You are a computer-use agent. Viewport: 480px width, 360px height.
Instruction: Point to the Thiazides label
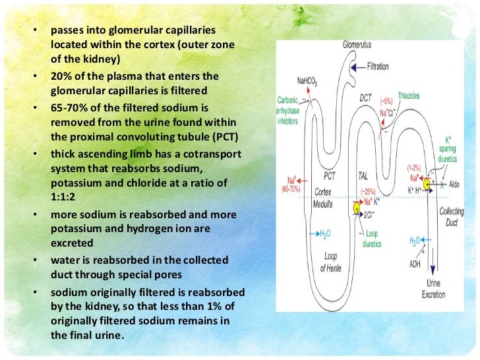click(x=409, y=96)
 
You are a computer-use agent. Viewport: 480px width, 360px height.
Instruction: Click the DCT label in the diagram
click(x=366, y=97)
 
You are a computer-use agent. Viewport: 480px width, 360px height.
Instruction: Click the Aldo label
click(x=454, y=186)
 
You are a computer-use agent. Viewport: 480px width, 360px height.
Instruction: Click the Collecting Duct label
click(x=453, y=217)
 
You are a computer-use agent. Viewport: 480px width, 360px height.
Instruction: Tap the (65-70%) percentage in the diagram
click(x=291, y=189)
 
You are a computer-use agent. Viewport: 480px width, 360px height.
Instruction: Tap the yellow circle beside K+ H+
click(x=428, y=184)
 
